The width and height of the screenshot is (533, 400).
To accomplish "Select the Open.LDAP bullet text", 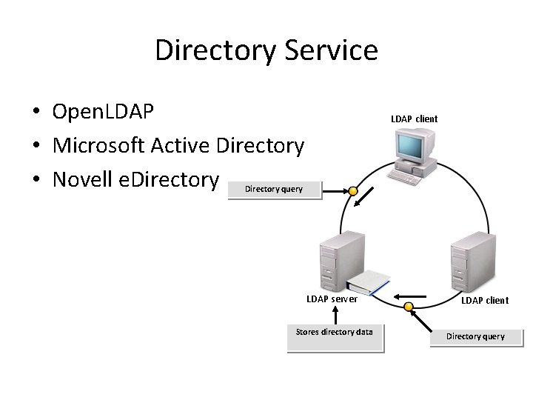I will click(103, 112).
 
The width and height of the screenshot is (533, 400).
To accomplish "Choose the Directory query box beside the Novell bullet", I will click(274, 189).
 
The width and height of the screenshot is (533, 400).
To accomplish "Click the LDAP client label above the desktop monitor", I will click(415, 119).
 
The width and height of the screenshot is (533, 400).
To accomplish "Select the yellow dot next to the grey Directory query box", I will click(354, 192).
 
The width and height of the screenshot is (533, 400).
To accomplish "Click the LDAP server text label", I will click(332, 299).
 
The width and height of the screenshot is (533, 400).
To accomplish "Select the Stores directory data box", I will click(335, 333).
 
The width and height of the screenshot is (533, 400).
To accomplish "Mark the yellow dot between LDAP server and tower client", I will click(408, 307).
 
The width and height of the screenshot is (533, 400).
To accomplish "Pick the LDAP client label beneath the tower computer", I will click(485, 300).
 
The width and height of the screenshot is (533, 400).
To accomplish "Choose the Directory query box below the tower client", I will click(475, 336).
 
